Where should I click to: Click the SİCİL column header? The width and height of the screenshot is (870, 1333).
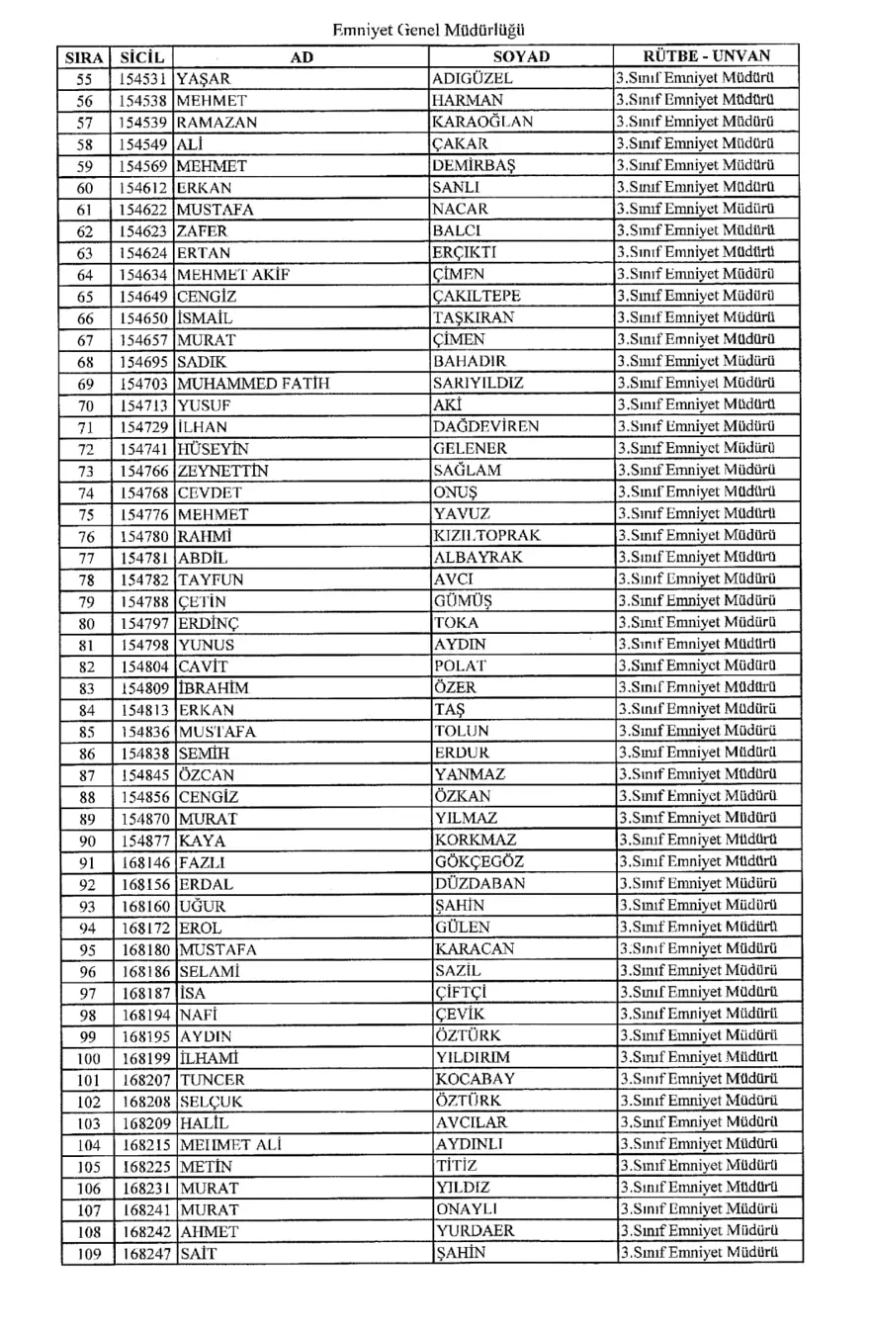[142, 57]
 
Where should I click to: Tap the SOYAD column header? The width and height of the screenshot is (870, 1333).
[521, 57]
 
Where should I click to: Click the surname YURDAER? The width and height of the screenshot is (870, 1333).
[474, 1232]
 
